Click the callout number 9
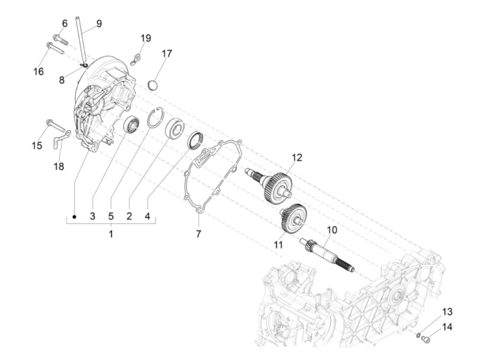(x=99, y=24)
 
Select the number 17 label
(x=167, y=54)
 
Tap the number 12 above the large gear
(x=297, y=157)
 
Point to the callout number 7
(x=198, y=234)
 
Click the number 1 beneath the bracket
(x=111, y=234)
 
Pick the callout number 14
(x=447, y=327)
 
